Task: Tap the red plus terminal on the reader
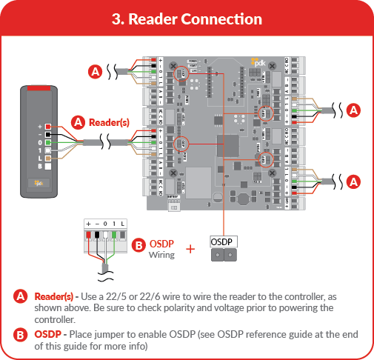pos(47,127)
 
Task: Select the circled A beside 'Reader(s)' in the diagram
pos(78,121)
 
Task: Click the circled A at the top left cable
pos(95,72)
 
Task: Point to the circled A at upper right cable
pos(354,110)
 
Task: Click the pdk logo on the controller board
pos(258,62)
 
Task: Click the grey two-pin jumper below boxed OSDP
pos(224,256)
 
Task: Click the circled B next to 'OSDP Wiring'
pos(137,245)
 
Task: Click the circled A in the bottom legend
pos(22,297)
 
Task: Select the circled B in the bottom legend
pos(22,334)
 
